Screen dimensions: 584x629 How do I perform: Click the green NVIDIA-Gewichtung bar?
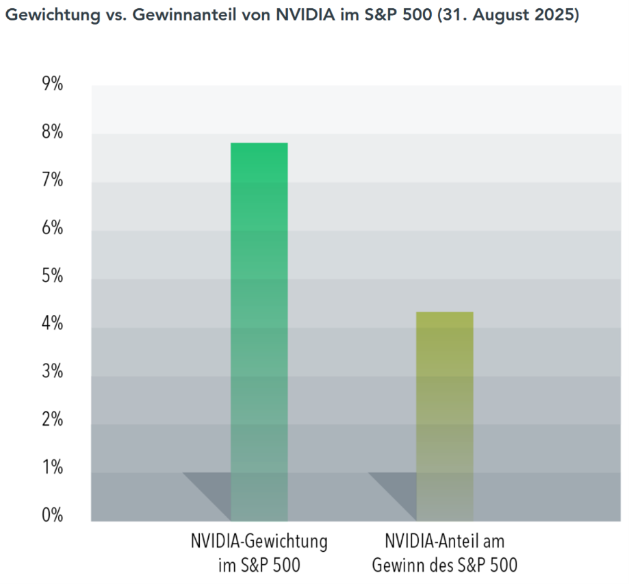tap(259, 329)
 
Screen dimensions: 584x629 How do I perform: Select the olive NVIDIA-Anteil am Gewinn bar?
tap(445, 411)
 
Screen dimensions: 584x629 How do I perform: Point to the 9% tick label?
tap(52, 84)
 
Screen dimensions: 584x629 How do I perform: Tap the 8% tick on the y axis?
tap(52, 132)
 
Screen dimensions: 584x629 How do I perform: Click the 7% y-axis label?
tap(52, 180)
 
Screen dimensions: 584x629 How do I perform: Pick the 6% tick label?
tap(52, 228)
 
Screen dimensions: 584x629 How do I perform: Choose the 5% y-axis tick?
tap(52, 276)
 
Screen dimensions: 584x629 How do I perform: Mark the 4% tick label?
tap(52, 324)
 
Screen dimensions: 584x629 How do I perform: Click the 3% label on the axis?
tap(52, 372)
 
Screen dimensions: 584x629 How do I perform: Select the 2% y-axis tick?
tap(52, 420)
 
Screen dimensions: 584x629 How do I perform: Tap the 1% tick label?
tap(52, 468)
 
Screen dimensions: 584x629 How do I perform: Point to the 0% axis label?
tap(52, 516)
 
